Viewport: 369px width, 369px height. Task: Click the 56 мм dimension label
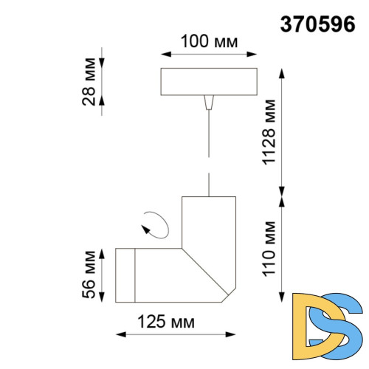tap(88, 274)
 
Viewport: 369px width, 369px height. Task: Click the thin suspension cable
tap(210, 148)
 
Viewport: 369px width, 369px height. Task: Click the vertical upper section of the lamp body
tap(210, 221)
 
